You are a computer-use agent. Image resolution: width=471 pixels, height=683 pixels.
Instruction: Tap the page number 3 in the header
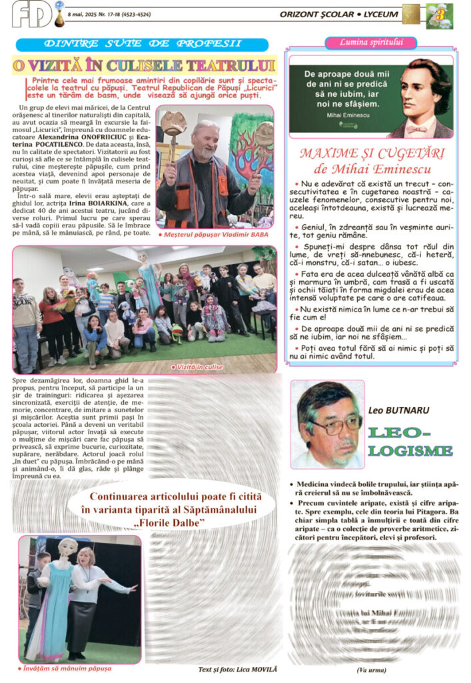440,14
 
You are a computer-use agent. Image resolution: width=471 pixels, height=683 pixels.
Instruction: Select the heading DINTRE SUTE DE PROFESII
143,44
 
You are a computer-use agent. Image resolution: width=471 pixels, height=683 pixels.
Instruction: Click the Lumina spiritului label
371,43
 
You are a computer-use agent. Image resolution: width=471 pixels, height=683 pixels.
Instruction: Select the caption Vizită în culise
198,367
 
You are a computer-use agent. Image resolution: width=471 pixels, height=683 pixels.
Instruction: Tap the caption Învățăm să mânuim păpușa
65,668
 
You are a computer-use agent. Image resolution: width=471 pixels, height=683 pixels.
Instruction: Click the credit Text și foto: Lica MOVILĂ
237,669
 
